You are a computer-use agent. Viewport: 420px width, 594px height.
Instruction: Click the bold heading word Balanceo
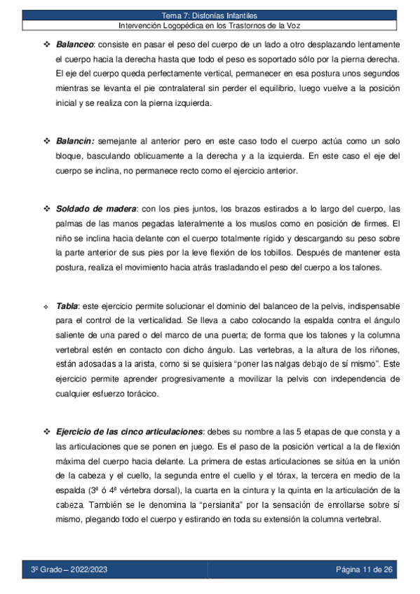pyautogui.click(x=75, y=43)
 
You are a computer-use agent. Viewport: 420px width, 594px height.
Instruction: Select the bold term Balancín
pyautogui.click(x=75, y=141)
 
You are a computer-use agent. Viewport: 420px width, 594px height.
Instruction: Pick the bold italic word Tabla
pyautogui.click(x=67, y=305)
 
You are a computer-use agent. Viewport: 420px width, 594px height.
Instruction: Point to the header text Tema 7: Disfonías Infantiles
pyautogui.click(x=210, y=15)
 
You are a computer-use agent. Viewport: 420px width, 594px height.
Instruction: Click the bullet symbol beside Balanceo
pyautogui.click(x=47, y=43)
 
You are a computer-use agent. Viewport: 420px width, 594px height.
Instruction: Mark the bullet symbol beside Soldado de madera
pyautogui.click(x=47, y=209)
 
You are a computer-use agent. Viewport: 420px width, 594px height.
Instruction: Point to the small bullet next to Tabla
pyautogui.click(x=47, y=306)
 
